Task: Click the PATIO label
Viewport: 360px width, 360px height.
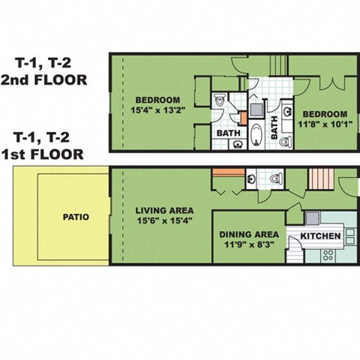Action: pos(75,217)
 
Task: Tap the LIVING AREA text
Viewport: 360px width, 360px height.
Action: pos(165,210)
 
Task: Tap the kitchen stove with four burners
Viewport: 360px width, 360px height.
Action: pos(328,255)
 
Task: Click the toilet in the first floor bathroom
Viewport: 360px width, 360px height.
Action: pos(275,178)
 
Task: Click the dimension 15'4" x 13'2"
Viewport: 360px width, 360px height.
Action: pos(157,112)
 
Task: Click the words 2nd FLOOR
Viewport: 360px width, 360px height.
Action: pos(43,78)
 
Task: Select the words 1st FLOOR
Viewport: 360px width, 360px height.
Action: pos(43,154)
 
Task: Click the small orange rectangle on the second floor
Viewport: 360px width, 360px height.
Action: pos(243,118)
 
